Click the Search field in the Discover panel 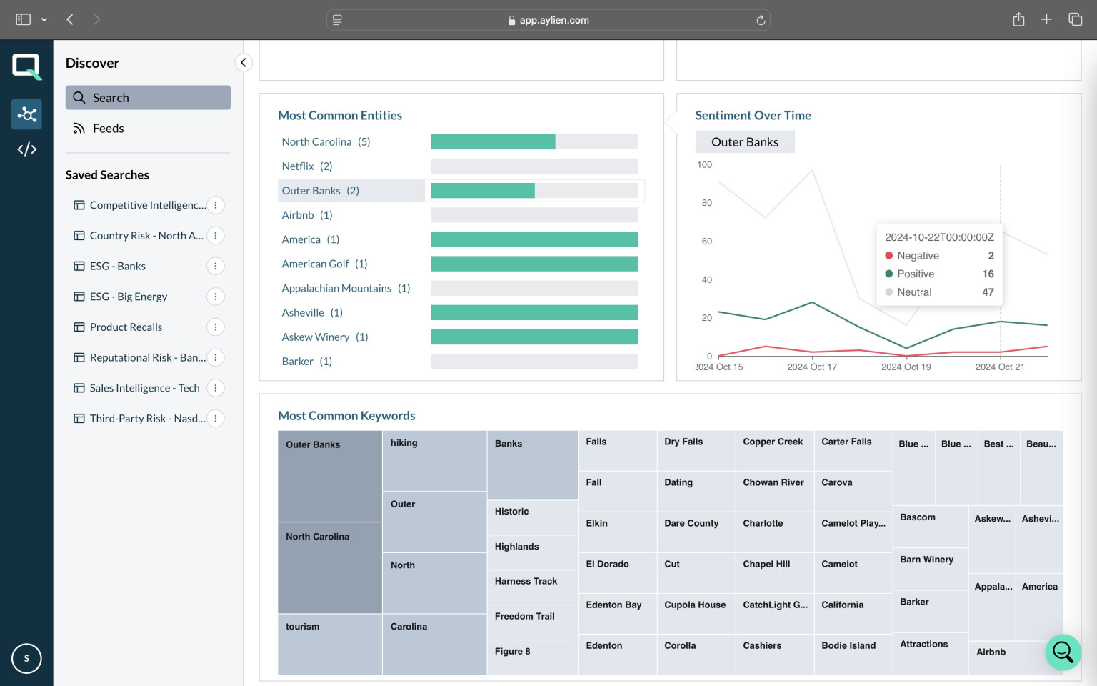click(148, 97)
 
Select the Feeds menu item click(109, 129)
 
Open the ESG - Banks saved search click(118, 266)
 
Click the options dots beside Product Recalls click(216, 327)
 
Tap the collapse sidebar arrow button click(244, 62)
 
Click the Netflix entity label click(298, 166)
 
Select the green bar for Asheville click(534, 312)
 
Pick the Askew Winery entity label click(316, 337)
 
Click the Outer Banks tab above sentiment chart click(744, 142)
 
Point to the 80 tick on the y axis click(706, 203)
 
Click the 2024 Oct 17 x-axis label click(812, 367)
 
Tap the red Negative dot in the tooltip click(889, 256)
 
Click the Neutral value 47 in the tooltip click(988, 292)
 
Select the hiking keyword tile click(434, 461)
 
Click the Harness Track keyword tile click(533, 587)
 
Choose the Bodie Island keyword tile click(853, 654)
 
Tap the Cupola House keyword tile click(696, 614)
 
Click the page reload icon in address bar click(761, 20)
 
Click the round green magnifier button click(1063, 652)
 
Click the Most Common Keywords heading click(346, 415)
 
